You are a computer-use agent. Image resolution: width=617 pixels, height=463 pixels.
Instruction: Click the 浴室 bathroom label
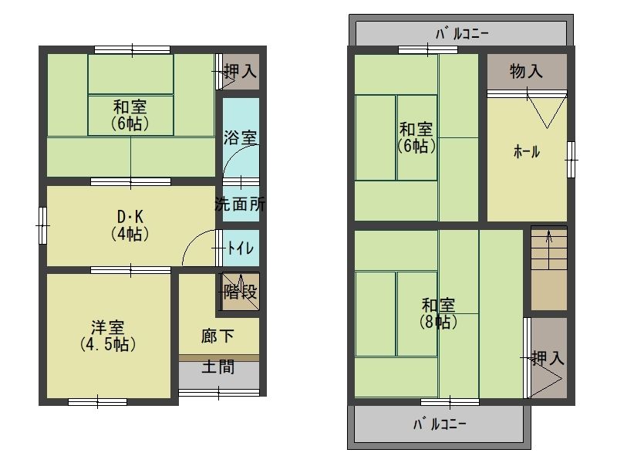tap(241, 138)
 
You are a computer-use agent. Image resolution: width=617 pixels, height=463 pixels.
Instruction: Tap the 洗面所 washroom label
tap(240, 205)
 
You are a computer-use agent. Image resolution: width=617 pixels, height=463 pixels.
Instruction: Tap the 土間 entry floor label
tap(218, 367)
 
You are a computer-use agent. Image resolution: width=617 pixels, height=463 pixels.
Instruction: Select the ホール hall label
tap(527, 152)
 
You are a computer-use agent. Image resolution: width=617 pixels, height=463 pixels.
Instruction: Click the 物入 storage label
tap(527, 72)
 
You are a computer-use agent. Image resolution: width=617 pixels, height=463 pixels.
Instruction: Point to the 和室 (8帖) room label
tap(437, 313)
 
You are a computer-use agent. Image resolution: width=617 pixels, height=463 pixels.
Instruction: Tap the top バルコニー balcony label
tap(462, 33)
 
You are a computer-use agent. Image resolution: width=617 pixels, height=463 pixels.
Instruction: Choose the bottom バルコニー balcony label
tap(440, 424)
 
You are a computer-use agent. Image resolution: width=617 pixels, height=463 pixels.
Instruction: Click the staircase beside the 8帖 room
tap(548, 267)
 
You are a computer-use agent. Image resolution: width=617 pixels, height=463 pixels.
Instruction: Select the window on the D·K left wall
tap(42, 225)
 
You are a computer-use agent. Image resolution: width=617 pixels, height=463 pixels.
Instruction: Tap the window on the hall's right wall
tap(570, 160)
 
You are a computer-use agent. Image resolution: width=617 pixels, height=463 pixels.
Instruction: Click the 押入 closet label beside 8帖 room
tap(548, 358)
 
